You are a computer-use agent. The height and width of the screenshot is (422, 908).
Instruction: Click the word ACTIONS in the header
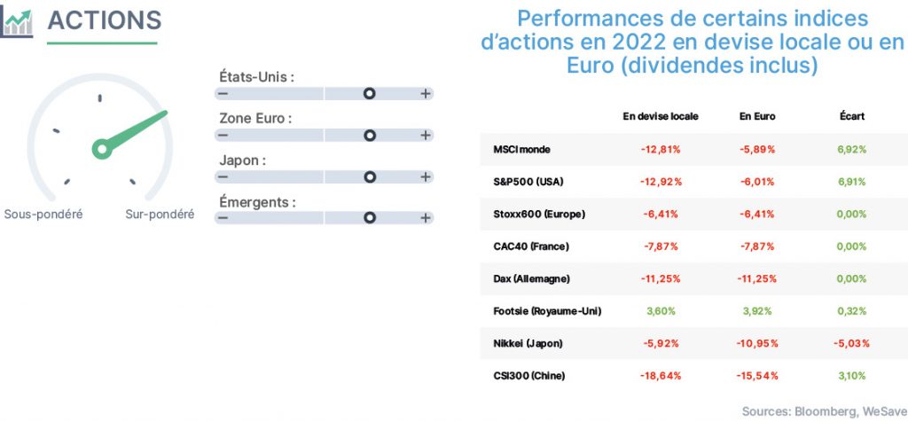(105, 20)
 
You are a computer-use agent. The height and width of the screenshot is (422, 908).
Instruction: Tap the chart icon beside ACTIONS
(17, 22)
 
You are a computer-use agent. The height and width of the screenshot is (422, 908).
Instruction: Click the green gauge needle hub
(102, 149)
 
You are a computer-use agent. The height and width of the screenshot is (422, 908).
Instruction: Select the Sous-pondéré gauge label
(43, 215)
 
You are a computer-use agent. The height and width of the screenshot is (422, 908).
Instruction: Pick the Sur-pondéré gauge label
(160, 215)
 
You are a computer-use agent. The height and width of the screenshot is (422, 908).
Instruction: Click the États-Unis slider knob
(370, 94)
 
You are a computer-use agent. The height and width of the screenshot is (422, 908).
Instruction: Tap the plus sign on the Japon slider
(426, 176)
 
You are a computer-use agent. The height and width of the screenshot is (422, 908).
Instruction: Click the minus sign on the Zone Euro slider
(223, 136)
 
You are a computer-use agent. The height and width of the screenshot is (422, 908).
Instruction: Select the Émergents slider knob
(370, 218)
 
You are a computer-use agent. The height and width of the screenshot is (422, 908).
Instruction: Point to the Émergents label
(258, 202)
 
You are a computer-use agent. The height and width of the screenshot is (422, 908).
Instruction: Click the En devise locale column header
(661, 116)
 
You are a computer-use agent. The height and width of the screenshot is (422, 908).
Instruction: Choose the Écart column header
(852, 116)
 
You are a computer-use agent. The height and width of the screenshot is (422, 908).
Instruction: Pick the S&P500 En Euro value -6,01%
(757, 182)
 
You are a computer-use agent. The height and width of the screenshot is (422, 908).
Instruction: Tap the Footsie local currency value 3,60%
(661, 311)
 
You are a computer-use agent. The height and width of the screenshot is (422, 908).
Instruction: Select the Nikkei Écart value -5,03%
(852, 343)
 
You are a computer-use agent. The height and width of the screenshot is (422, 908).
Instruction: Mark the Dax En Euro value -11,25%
(757, 278)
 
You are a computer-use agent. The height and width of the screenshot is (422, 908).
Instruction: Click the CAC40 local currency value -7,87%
(661, 246)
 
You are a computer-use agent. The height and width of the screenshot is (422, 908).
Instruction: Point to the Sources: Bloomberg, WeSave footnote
(825, 411)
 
